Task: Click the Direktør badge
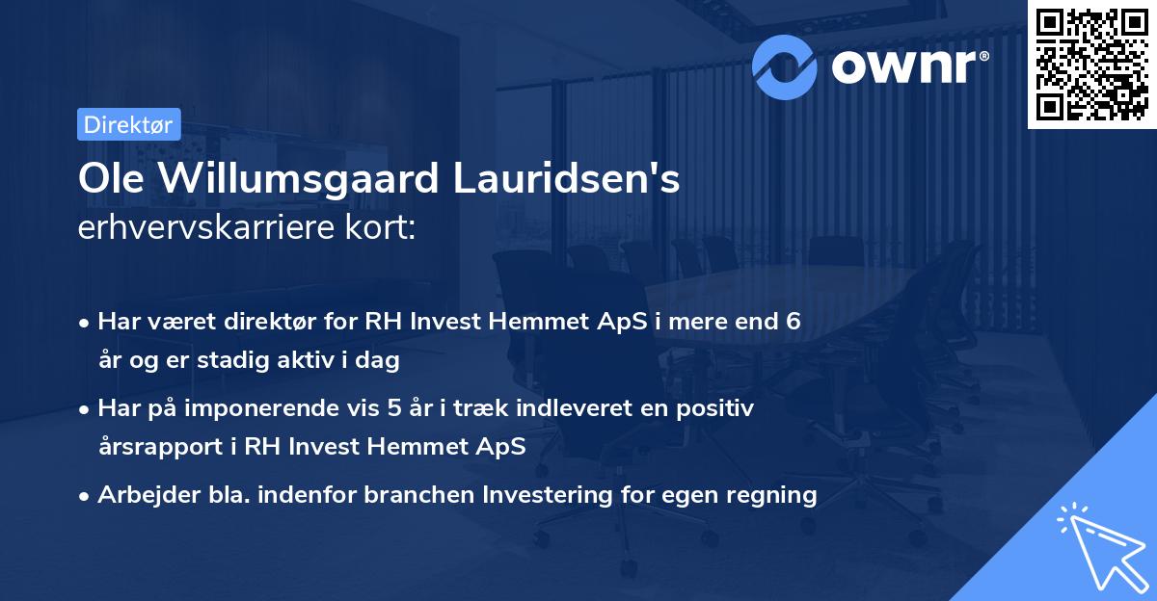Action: click(x=128, y=124)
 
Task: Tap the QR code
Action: click(x=1092, y=65)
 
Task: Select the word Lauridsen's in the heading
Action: click(x=572, y=180)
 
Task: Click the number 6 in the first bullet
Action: click(x=793, y=322)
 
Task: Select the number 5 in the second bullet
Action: click(x=393, y=408)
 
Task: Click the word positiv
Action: click(x=717, y=408)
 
